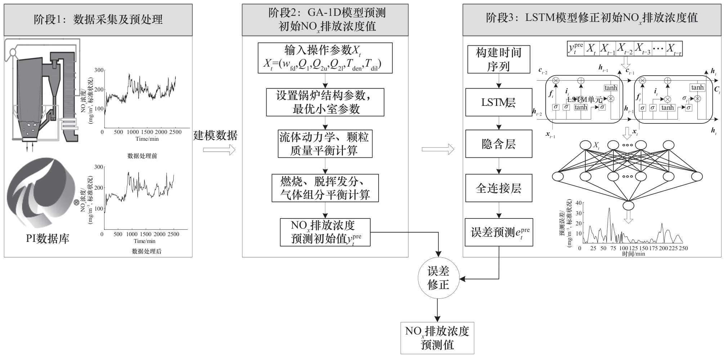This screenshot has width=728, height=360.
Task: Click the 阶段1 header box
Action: [x=98, y=20]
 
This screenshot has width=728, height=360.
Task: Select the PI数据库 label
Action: [x=48, y=239]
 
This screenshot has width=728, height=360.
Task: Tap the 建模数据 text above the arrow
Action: [x=215, y=135]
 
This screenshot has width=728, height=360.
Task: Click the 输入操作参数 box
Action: [x=325, y=58]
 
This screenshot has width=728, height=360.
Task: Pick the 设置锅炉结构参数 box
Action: [x=325, y=102]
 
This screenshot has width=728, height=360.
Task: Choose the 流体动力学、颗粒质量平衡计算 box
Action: [x=325, y=144]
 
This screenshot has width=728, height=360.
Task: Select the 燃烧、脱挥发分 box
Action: [x=325, y=188]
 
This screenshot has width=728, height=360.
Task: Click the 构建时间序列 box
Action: [x=499, y=59]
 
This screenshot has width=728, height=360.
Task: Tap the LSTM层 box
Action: [x=499, y=103]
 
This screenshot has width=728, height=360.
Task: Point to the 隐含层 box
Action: [x=499, y=144]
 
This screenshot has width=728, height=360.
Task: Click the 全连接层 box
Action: [x=499, y=188]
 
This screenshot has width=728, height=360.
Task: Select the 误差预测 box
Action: [x=499, y=232]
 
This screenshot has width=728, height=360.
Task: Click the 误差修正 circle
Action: [x=438, y=278]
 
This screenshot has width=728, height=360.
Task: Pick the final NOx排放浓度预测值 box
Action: [x=437, y=338]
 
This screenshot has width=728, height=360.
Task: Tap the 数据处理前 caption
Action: [x=142, y=156]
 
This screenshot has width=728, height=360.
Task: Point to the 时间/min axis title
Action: [x=634, y=254]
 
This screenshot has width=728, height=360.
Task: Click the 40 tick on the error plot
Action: [x=579, y=203]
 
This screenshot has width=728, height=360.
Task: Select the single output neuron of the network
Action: [x=628, y=206]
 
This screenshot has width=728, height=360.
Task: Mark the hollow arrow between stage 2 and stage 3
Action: [x=438, y=149]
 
